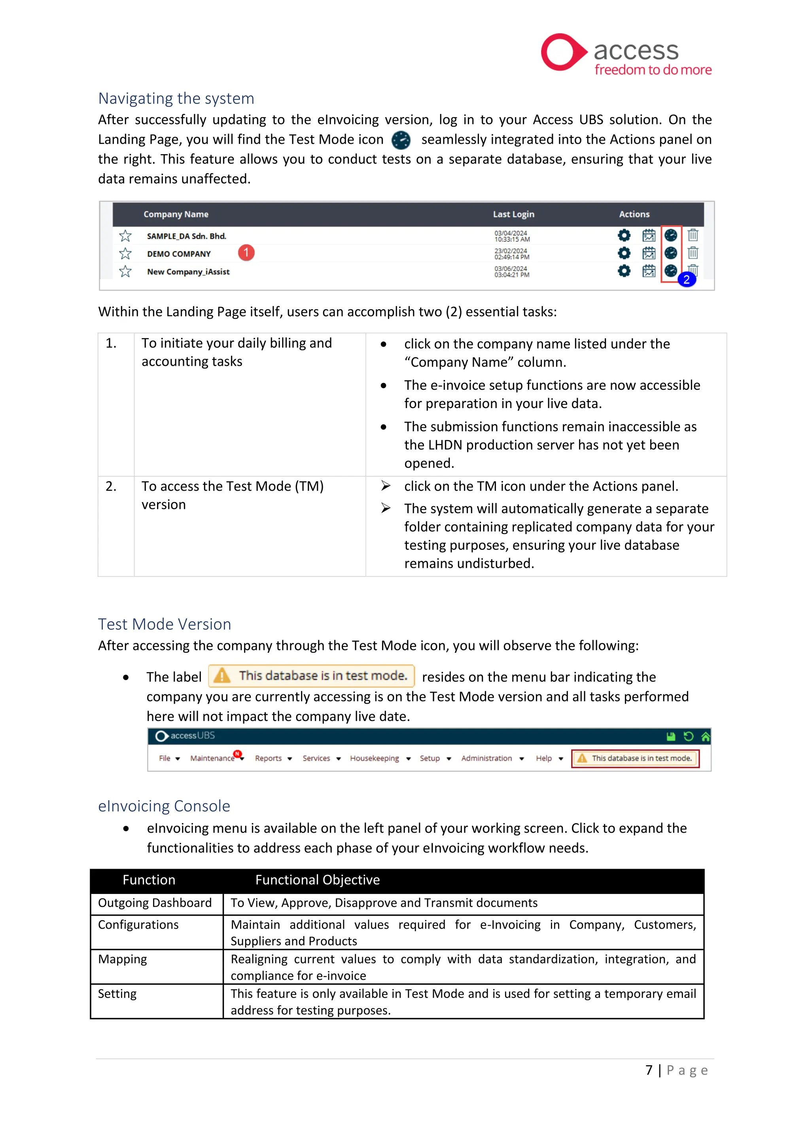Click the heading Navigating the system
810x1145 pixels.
[x=176, y=98]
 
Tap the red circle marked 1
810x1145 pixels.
[x=246, y=253]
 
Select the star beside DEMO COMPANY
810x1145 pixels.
[x=125, y=254]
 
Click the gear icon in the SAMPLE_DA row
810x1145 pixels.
[x=624, y=235]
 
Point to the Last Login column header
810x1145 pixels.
[x=513, y=214]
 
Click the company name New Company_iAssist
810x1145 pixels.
[x=188, y=272]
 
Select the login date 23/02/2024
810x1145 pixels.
[x=510, y=251]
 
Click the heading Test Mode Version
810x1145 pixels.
[x=164, y=624]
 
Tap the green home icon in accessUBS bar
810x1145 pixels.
[x=705, y=737]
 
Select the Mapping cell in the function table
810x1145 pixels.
[x=123, y=960]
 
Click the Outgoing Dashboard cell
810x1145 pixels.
[x=155, y=903]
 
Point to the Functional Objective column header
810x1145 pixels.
[x=317, y=880]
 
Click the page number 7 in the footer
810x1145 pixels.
[x=648, y=1070]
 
